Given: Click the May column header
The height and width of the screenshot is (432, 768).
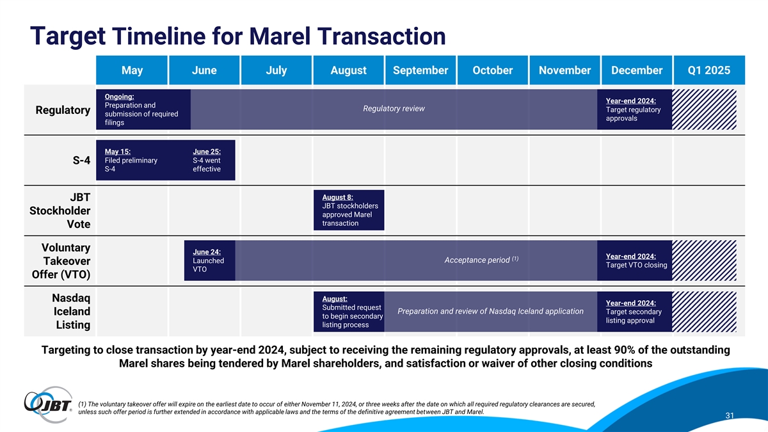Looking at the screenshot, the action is coord(132,70).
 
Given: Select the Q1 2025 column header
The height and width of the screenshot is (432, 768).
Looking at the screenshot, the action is coord(709,70).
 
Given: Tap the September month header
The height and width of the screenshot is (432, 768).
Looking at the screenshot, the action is coord(420,70).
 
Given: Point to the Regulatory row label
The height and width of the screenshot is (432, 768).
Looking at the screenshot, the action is coord(63,110).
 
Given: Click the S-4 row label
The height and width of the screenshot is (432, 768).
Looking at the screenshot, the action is coord(81,160).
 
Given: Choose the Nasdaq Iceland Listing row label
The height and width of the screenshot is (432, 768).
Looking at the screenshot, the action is coord(71,311).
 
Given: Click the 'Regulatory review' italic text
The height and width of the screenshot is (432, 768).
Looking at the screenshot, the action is coord(394,108).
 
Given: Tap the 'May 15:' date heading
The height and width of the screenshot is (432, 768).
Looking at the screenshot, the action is coord(118,152).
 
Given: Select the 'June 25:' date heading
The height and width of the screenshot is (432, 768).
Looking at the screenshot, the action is coord(207,152).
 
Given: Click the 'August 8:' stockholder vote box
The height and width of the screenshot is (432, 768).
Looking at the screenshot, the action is coord(349,210).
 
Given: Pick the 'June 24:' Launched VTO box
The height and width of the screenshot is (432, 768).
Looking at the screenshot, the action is coord(209,260).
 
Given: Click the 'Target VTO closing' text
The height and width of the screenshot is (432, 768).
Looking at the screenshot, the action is coord(636,265).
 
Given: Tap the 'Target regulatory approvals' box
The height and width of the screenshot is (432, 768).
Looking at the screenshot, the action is coord(634,109).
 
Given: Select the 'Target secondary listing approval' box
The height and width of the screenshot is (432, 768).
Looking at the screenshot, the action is coord(634,312).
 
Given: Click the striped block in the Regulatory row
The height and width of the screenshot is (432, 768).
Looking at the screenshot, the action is coord(704,109).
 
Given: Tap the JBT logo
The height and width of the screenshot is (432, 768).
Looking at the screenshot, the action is coord(48,404).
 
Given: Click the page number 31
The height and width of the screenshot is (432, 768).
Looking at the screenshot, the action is coord(730,415).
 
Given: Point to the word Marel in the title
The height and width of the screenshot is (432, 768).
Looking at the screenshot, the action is coord(280,36).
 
